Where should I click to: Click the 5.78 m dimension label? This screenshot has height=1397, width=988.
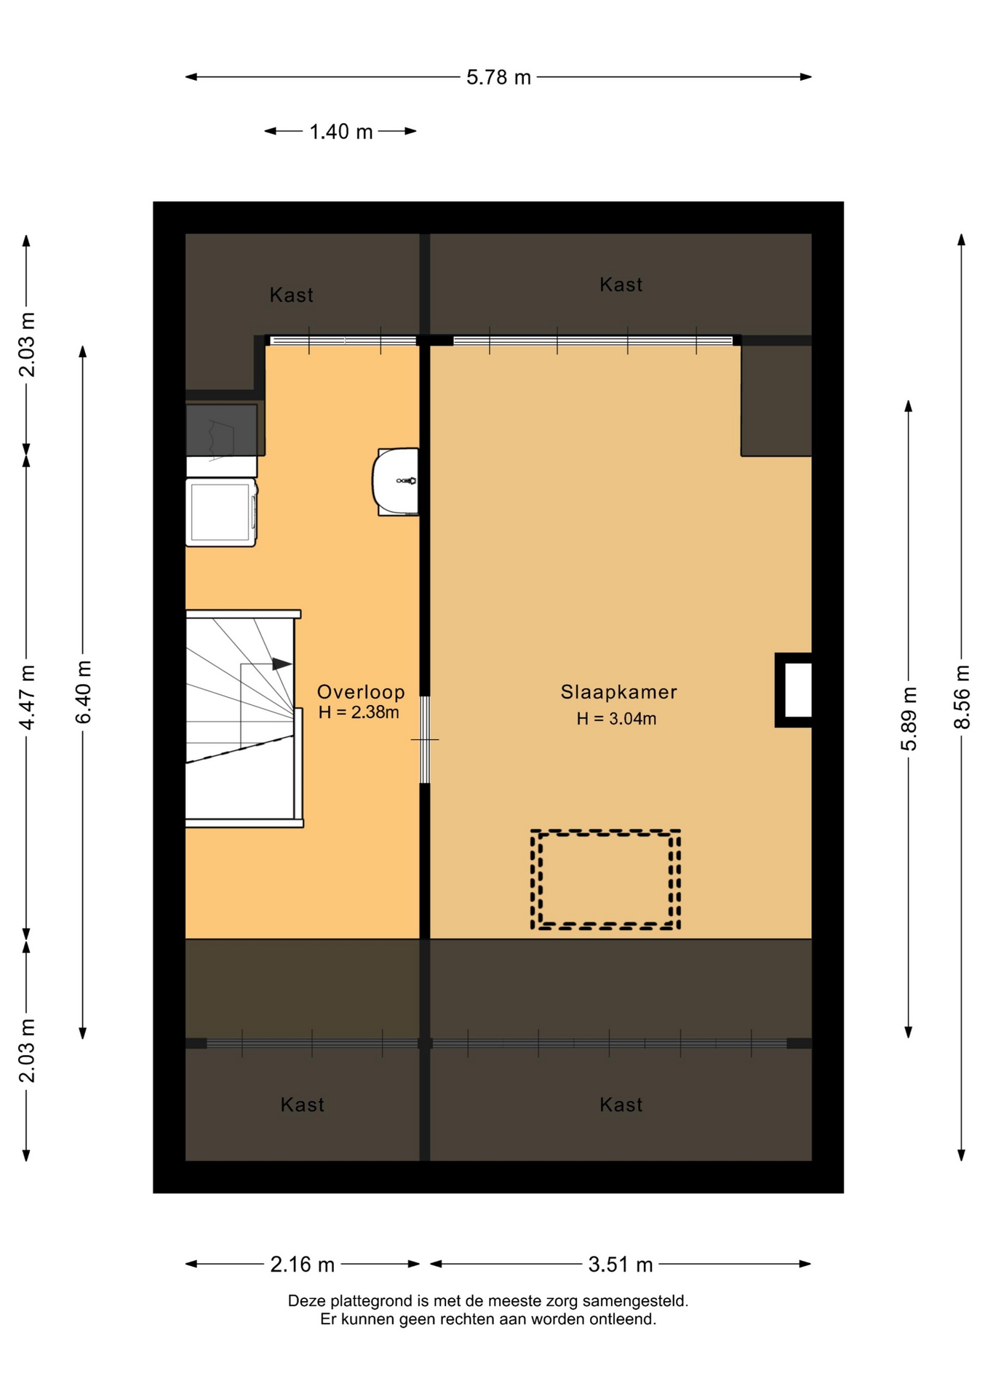(x=498, y=77)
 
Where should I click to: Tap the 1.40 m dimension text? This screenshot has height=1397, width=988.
(x=340, y=132)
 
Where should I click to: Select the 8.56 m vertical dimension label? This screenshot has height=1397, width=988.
(x=962, y=697)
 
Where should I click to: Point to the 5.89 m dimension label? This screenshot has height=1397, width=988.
(x=909, y=718)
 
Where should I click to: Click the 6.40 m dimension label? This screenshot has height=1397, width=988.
(x=84, y=692)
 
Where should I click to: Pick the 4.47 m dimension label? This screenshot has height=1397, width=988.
(x=27, y=697)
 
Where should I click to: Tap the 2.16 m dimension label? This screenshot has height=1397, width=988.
(x=302, y=1265)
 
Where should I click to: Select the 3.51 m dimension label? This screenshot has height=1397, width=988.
(x=621, y=1265)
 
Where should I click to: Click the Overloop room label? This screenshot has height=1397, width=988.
(x=360, y=692)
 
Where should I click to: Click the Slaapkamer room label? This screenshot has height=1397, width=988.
(x=618, y=692)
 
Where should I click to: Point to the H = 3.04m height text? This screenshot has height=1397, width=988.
(x=616, y=719)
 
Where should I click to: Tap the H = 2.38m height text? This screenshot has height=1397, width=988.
(x=359, y=712)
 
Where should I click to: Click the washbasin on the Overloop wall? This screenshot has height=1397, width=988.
(x=396, y=482)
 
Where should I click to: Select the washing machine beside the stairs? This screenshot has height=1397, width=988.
(x=221, y=512)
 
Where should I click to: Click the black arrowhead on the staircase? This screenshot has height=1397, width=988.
(x=282, y=664)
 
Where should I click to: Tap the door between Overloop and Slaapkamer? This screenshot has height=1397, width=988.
(x=425, y=740)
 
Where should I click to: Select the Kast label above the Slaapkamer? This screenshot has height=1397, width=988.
(x=621, y=284)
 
